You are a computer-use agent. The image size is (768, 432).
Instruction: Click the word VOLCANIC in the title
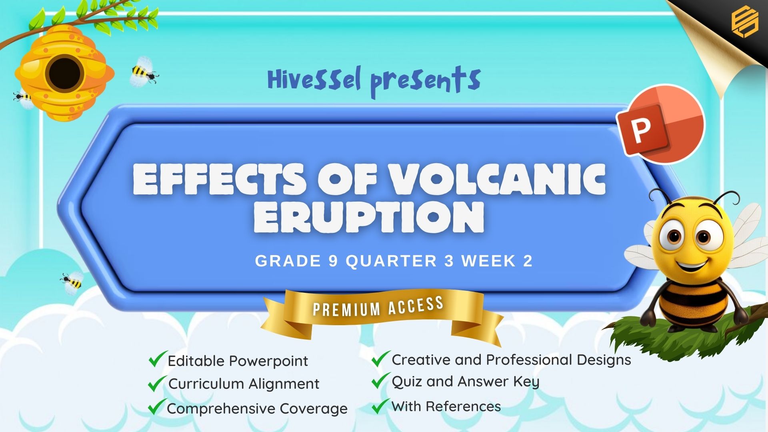tap(497, 179)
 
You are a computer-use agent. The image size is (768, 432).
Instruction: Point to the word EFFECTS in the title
tap(220, 179)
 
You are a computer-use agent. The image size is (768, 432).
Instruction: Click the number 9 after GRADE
tap(333, 261)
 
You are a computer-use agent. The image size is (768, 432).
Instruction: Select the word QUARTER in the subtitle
tap(391, 261)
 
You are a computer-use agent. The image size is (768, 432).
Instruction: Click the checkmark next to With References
tap(380, 406)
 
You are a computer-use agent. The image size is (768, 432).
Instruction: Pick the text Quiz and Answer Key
tap(466, 382)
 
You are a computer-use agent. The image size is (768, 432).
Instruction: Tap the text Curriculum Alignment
tap(244, 384)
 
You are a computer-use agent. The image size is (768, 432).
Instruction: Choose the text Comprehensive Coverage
tap(257, 409)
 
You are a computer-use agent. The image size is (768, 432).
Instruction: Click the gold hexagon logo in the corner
tap(745, 22)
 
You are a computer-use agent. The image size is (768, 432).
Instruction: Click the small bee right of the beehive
tap(144, 72)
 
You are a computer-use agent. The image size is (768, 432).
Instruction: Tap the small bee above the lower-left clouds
tap(72, 282)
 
